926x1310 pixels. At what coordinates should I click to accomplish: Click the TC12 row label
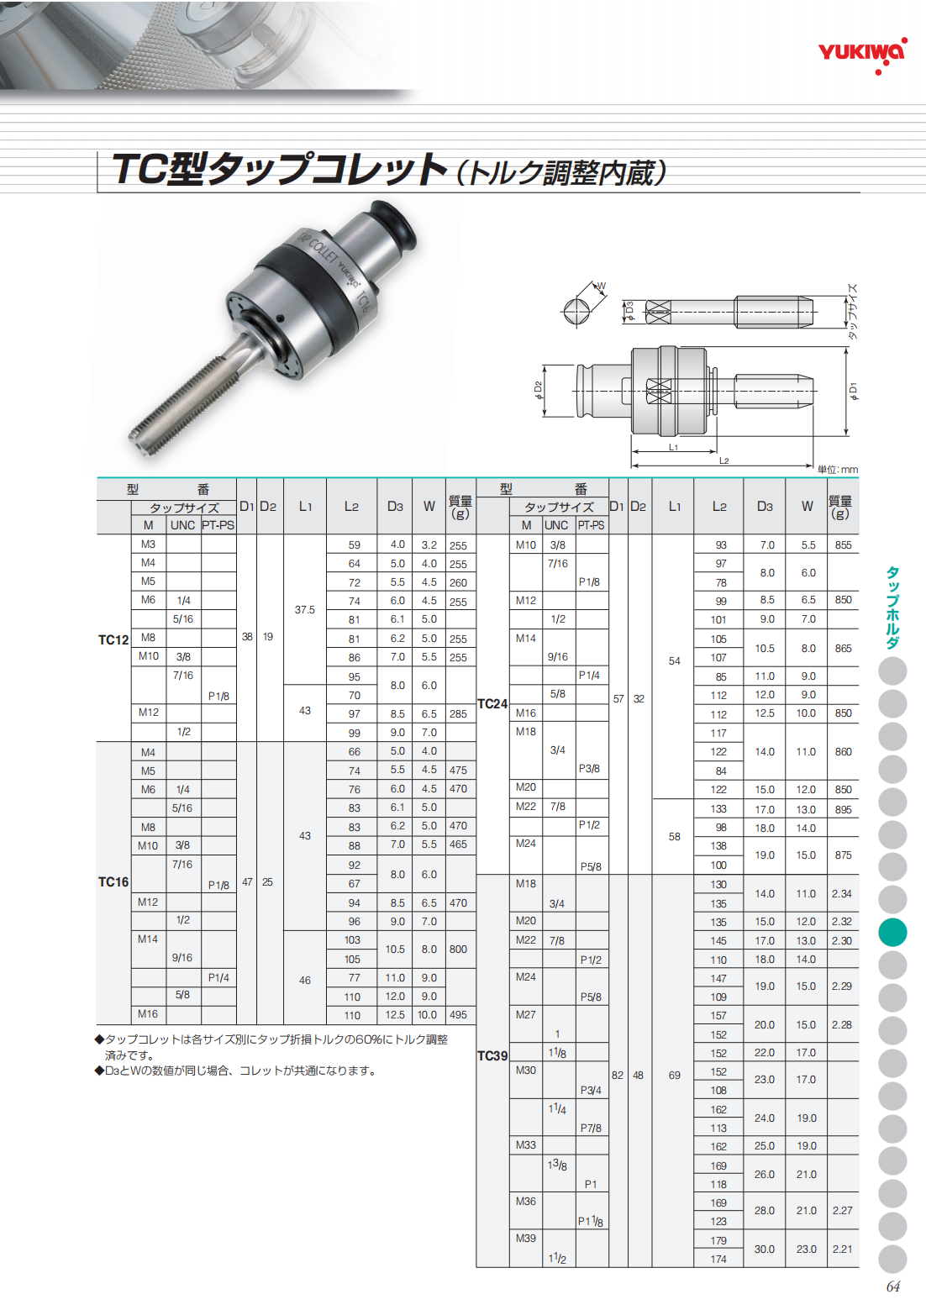[x=113, y=639]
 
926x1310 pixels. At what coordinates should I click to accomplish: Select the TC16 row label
[x=113, y=882]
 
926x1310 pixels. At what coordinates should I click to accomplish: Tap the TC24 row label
[x=492, y=704]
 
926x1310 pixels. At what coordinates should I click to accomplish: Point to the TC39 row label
[x=492, y=1056]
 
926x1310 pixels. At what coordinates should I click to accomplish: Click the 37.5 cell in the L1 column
[x=305, y=609]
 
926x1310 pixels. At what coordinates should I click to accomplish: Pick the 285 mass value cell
[x=458, y=714]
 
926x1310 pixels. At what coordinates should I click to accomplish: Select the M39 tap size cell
[x=526, y=1238]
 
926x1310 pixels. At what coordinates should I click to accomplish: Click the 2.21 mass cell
[x=842, y=1249]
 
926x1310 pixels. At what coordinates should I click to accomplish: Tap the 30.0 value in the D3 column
[x=765, y=1249]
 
